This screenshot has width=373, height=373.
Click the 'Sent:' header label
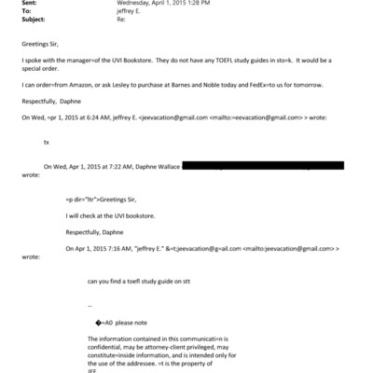coord(14,3)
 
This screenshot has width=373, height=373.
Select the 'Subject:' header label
coord(18,21)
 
